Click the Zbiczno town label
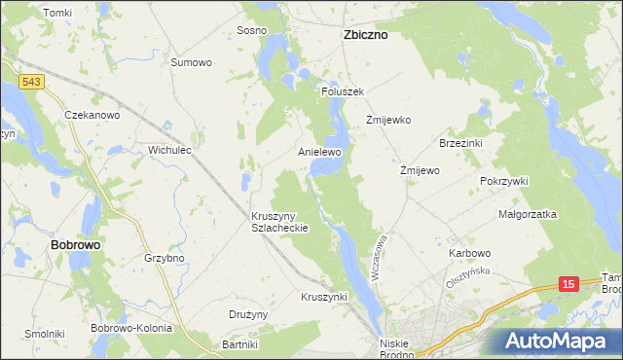tap(365, 34)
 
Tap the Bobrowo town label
tap(75, 245)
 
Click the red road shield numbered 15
tap(568, 283)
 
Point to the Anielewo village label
tap(319, 153)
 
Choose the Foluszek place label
tap(342, 91)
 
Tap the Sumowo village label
tap(191, 62)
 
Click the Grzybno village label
tap(164, 259)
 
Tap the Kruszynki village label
tap(324, 297)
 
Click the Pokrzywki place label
tap(503, 181)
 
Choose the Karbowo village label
tap(470, 253)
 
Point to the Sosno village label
tap(252, 30)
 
